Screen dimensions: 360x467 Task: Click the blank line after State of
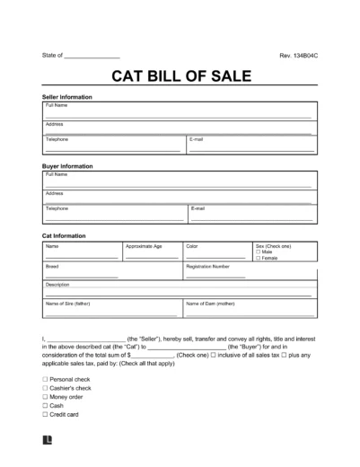pyautogui.click(x=93, y=57)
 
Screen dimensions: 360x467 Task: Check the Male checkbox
pyautogui.click(x=258, y=252)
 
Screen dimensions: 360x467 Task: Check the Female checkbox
pyautogui.click(x=258, y=259)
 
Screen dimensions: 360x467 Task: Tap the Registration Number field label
pyautogui.click(x=208, y=267)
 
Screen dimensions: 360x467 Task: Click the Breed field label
pyautogui.click(x=51, y=267)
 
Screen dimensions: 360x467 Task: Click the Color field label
pyautogui.click(x=192, y=245)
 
